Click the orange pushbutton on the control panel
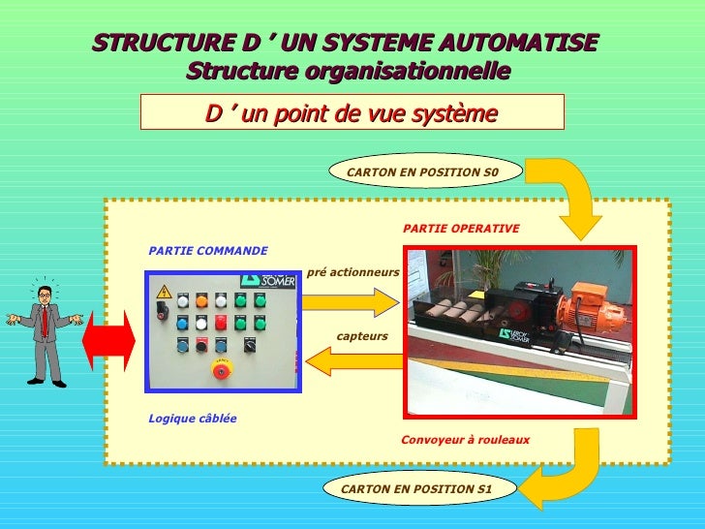(x=201, y=300)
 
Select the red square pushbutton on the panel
(x=221, y=323)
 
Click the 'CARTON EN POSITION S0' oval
(x=422, y=171)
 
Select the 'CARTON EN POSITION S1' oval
(x=416, y=489)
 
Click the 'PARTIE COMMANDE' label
(x=207, y=251)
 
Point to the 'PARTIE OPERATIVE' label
(x=461, y=229)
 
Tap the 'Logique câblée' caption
(x=192, y=419)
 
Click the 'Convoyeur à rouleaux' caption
(x=465, y=440)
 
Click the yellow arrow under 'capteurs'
(x=353, y=361)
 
